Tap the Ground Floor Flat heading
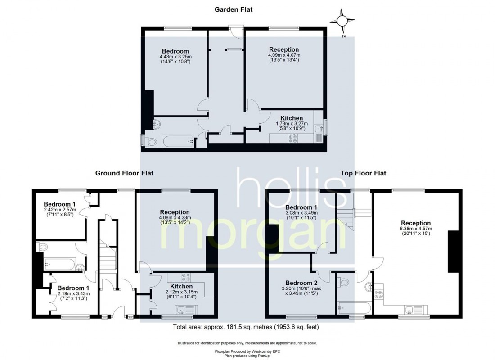(124, 173)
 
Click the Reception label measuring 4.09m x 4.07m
(283, 49)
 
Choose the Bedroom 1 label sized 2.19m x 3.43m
(71, 288)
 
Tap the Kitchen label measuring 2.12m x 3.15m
(181, 287)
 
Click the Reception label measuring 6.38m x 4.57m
(416, 223)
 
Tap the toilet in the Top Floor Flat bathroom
(344, 282)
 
